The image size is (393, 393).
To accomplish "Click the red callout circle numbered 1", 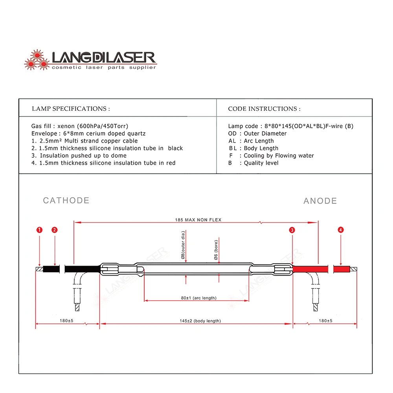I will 39,230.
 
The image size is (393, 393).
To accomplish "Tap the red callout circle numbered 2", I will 55,230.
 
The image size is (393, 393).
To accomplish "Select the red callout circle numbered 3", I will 292,230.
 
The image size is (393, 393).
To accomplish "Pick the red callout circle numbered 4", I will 340,230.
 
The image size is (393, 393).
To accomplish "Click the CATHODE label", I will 66,200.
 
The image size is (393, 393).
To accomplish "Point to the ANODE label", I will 320,201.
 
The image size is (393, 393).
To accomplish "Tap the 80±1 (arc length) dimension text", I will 198,298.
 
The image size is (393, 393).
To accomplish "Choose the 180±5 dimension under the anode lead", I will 325,321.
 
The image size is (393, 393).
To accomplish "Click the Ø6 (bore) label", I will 215,251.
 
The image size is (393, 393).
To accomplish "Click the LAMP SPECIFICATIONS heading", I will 71,108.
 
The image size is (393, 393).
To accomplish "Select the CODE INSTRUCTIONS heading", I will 264,108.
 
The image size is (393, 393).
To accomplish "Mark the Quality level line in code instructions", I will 261,163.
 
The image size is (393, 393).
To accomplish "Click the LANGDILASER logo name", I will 104,57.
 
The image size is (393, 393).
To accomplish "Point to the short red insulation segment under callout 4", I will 341,269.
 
